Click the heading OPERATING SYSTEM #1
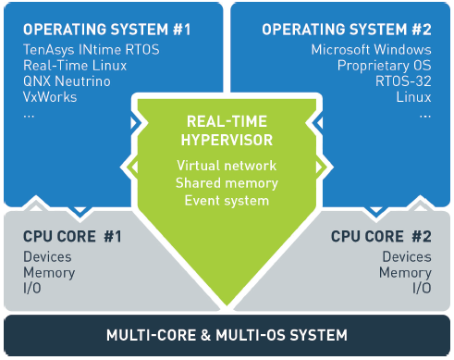pos(107,30)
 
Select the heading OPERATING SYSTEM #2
pos(347,30)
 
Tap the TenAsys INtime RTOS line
pos(92,50)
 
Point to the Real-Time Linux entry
pos(75,66)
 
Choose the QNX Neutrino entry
pos(67,81)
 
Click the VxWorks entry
pos(50,97)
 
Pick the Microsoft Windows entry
pos(372,50)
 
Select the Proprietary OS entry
pos(385,66)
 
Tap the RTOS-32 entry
pos(403,81)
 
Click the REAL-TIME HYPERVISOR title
pos(227,130)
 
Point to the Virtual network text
pos(227,166)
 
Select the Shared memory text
pos(227,183)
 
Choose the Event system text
pos(227,201)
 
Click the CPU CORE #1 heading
pos(72,237)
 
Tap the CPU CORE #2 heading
pos(381,237)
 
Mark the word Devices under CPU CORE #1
pos(47,256)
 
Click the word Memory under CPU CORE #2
pos(405,273)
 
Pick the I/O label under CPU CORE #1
pos(32,288)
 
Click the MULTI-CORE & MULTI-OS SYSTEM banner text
pos(227,335)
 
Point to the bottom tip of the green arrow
pos(227,305)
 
